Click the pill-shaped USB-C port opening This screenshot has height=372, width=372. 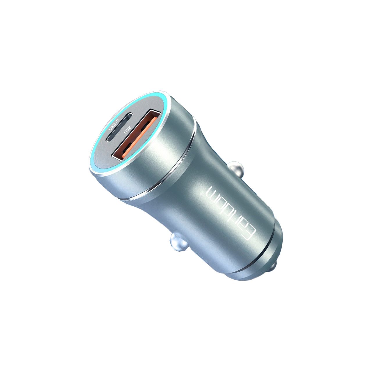[x=119, y=127]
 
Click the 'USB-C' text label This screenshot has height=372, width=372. [x=114, y=124]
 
